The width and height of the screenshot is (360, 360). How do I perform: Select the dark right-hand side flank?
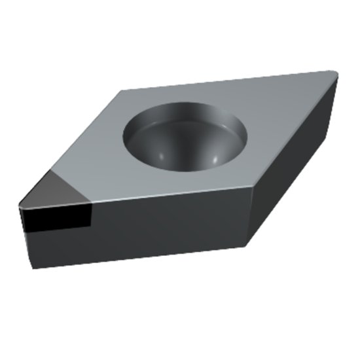(x=295, y=164)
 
